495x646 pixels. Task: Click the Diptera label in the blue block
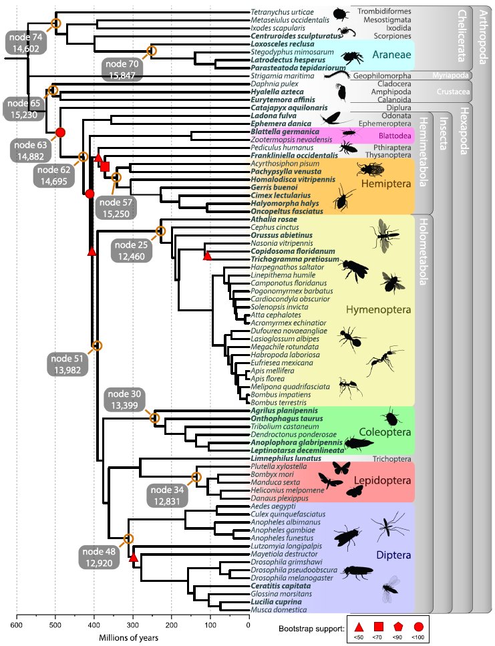click(393, 554)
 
